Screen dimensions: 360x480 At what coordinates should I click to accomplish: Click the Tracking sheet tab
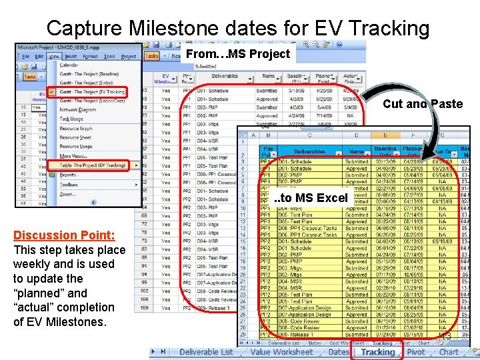[x=378, y=352]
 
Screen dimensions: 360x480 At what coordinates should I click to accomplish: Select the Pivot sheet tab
[x=416, y=352]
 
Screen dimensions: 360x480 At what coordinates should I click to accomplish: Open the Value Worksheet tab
[x=281, y=352]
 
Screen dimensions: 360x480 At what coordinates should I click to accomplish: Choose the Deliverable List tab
[x=206, y=352]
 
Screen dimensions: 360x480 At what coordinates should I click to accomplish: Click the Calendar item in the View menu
[x=69, y=65]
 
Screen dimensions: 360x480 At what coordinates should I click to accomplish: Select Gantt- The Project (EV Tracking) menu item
[x=93, y=91]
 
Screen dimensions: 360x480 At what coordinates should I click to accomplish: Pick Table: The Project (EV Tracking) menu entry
[x=93, y=165]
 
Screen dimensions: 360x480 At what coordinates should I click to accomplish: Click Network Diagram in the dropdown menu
[x=77, y=109]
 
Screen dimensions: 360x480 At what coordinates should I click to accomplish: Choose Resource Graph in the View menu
[x=76, y=128]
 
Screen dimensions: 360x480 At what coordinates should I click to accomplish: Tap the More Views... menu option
[x=74, y=155]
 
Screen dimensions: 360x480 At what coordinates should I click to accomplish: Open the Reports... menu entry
[x=70, y=175]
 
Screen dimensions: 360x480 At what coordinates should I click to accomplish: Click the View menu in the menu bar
[x=53, y=57]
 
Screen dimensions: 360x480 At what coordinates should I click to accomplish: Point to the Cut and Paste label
[x=423, y=104]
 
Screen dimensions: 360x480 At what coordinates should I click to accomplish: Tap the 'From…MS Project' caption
[x=238, y=54]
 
